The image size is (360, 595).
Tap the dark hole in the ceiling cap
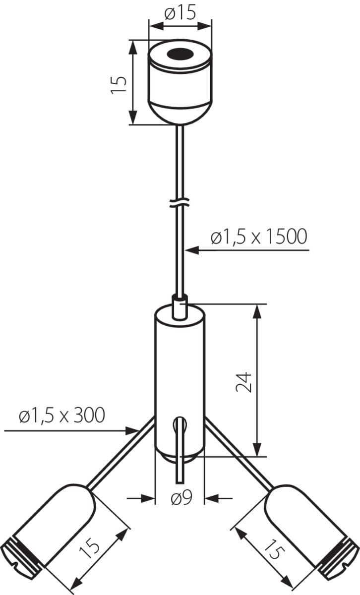click(x=180, y=53)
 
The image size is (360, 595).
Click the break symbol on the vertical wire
click(x=180, y=203)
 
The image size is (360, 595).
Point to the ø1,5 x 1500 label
click(x=258, y=237)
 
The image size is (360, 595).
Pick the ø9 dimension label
click(x=180, y=498)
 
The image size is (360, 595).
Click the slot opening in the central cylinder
click(x=179, y=425)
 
